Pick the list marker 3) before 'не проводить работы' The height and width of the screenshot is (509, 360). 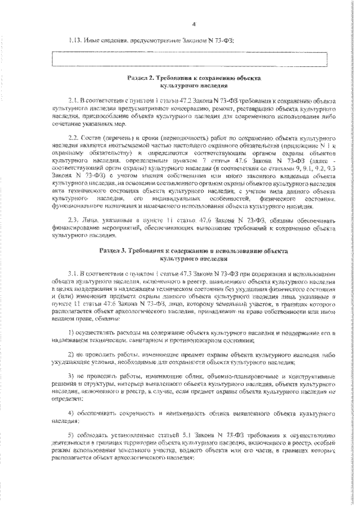(x=70, y=375)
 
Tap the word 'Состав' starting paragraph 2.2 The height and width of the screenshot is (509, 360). (x=93, y=138)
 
